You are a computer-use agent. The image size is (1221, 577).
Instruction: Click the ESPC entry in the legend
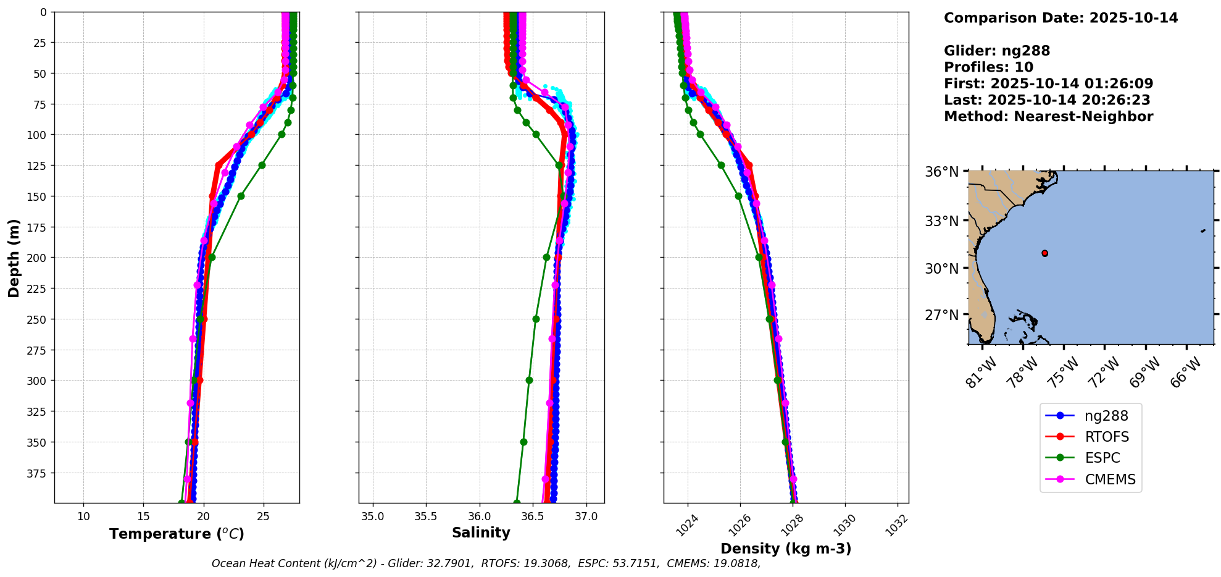(1102, 458)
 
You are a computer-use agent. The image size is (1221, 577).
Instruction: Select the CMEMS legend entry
(1109, 479)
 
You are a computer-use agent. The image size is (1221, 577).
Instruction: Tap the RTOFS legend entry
(1106, 437)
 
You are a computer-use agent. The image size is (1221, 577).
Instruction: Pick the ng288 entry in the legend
(1106, 416)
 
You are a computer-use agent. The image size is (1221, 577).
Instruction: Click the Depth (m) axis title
(14, 258)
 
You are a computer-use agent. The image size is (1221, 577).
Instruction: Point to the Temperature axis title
(177, 534)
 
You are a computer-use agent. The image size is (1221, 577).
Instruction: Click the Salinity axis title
(481, 533)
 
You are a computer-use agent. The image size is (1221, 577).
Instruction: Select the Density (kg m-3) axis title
(785, 549)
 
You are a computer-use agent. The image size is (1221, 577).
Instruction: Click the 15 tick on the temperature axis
(143, 516)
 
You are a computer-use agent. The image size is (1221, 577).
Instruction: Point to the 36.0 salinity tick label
(479, 516)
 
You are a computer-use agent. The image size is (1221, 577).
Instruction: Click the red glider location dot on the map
(1044, 253)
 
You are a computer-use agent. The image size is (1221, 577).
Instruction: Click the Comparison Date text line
(1061, 18)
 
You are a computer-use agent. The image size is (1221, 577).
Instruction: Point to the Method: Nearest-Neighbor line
(1048, 117)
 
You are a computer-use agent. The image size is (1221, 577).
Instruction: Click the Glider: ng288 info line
(997, 51)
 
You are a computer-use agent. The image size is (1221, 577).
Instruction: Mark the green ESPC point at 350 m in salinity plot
(523, 442)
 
